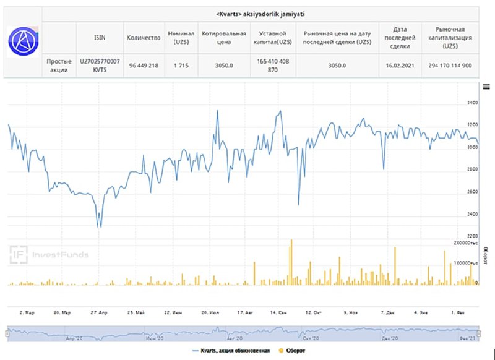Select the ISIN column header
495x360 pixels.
(100, 38)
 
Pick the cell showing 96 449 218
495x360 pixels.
(144, 66)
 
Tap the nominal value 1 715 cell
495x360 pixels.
(181, 66)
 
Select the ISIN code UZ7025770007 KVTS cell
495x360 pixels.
(100, 66)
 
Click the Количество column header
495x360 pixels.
(144, 38)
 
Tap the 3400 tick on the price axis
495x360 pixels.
(473, 103)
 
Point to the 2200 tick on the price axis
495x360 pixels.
(473, 237)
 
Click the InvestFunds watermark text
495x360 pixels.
(61, 254)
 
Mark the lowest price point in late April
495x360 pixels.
(100, 227)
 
